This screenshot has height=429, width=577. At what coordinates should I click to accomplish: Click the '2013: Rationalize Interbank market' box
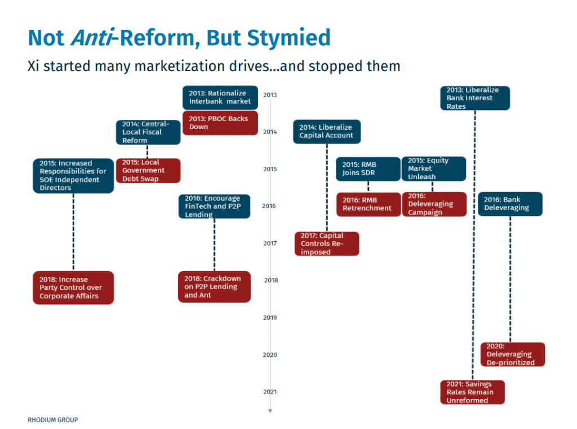[220, 98]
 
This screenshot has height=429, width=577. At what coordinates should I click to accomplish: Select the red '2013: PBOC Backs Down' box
[220, 123]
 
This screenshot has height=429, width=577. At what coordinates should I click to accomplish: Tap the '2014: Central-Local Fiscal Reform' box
[148, 132]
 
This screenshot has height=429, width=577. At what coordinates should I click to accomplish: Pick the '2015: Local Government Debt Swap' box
[148, 170]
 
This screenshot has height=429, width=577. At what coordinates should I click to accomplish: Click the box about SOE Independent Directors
[73, 176]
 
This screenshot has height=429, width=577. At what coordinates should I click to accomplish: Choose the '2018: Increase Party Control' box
[73, 288]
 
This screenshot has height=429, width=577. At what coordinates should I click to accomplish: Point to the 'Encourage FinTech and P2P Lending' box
[214, 206]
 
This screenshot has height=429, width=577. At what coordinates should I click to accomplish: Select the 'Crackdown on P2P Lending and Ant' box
[214, 287]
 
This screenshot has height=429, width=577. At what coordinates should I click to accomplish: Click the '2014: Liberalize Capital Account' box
[327, 131]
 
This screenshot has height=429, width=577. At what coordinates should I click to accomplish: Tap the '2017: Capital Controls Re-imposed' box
[327, 244]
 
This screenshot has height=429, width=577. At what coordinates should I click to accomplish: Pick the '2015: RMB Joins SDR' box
[368, 169]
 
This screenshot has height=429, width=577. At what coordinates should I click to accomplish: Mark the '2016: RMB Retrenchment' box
[368, 204]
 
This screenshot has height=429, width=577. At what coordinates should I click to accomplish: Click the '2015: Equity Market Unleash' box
[433, 169]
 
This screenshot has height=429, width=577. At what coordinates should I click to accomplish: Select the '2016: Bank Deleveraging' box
[511, 204]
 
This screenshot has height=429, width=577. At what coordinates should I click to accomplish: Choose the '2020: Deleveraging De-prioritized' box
[513, 355]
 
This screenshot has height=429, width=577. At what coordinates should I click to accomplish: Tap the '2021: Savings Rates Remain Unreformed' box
[472, 392]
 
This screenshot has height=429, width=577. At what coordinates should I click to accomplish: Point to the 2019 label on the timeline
[270, 317]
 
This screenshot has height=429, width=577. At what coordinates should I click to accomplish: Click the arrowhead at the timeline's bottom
[270, 411]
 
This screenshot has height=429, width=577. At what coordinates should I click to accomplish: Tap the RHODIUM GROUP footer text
[53, 420]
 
